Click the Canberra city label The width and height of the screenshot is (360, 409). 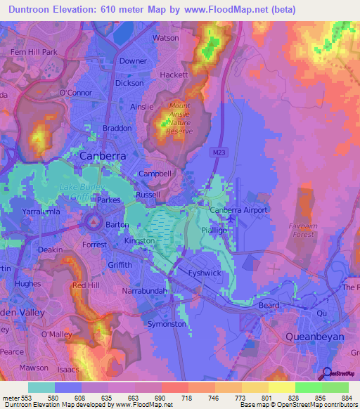tap(103, 155)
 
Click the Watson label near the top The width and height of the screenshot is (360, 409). tap(165, 38)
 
